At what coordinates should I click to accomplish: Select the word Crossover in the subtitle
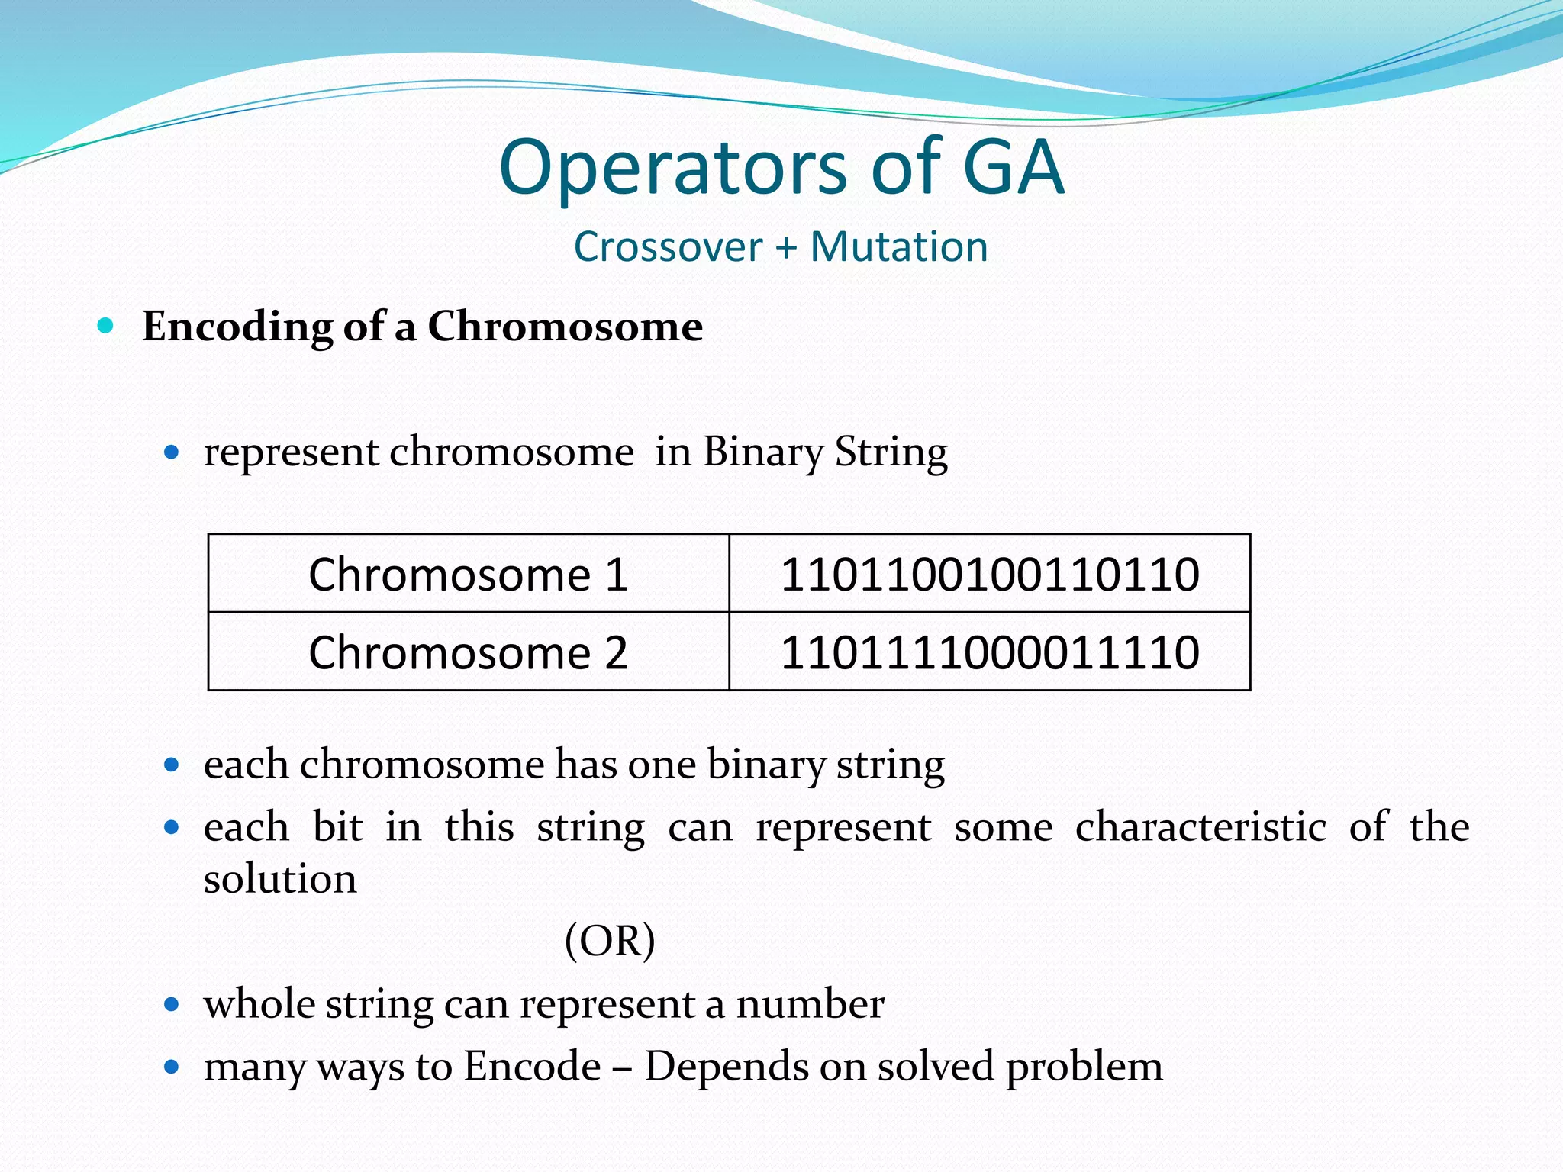click(x=668, y=247)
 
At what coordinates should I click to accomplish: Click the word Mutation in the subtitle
click(x=898, y=247)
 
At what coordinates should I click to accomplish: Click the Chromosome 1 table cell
click(x=468, y=574)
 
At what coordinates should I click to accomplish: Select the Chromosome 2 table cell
click(x=468, y=652)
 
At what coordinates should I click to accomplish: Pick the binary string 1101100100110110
click(x=989, y=574)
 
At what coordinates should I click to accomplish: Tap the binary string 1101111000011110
click(x=989, y=652)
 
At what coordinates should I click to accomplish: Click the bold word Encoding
click(x=237, y=327)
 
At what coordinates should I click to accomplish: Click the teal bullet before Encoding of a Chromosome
click(x=106, y=327)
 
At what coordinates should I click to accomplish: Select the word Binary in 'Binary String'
click(x=762, y=452)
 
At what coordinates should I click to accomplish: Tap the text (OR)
click(x=610, y=941)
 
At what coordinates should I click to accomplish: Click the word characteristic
click(x=1200, y=827)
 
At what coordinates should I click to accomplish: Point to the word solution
click(x=280, y=880)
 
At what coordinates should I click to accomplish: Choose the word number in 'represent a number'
click(x=810, y=1004)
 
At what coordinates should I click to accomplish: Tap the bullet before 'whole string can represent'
click(x=172, y=1004)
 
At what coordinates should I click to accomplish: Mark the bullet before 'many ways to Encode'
click(x=172, y=1067)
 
